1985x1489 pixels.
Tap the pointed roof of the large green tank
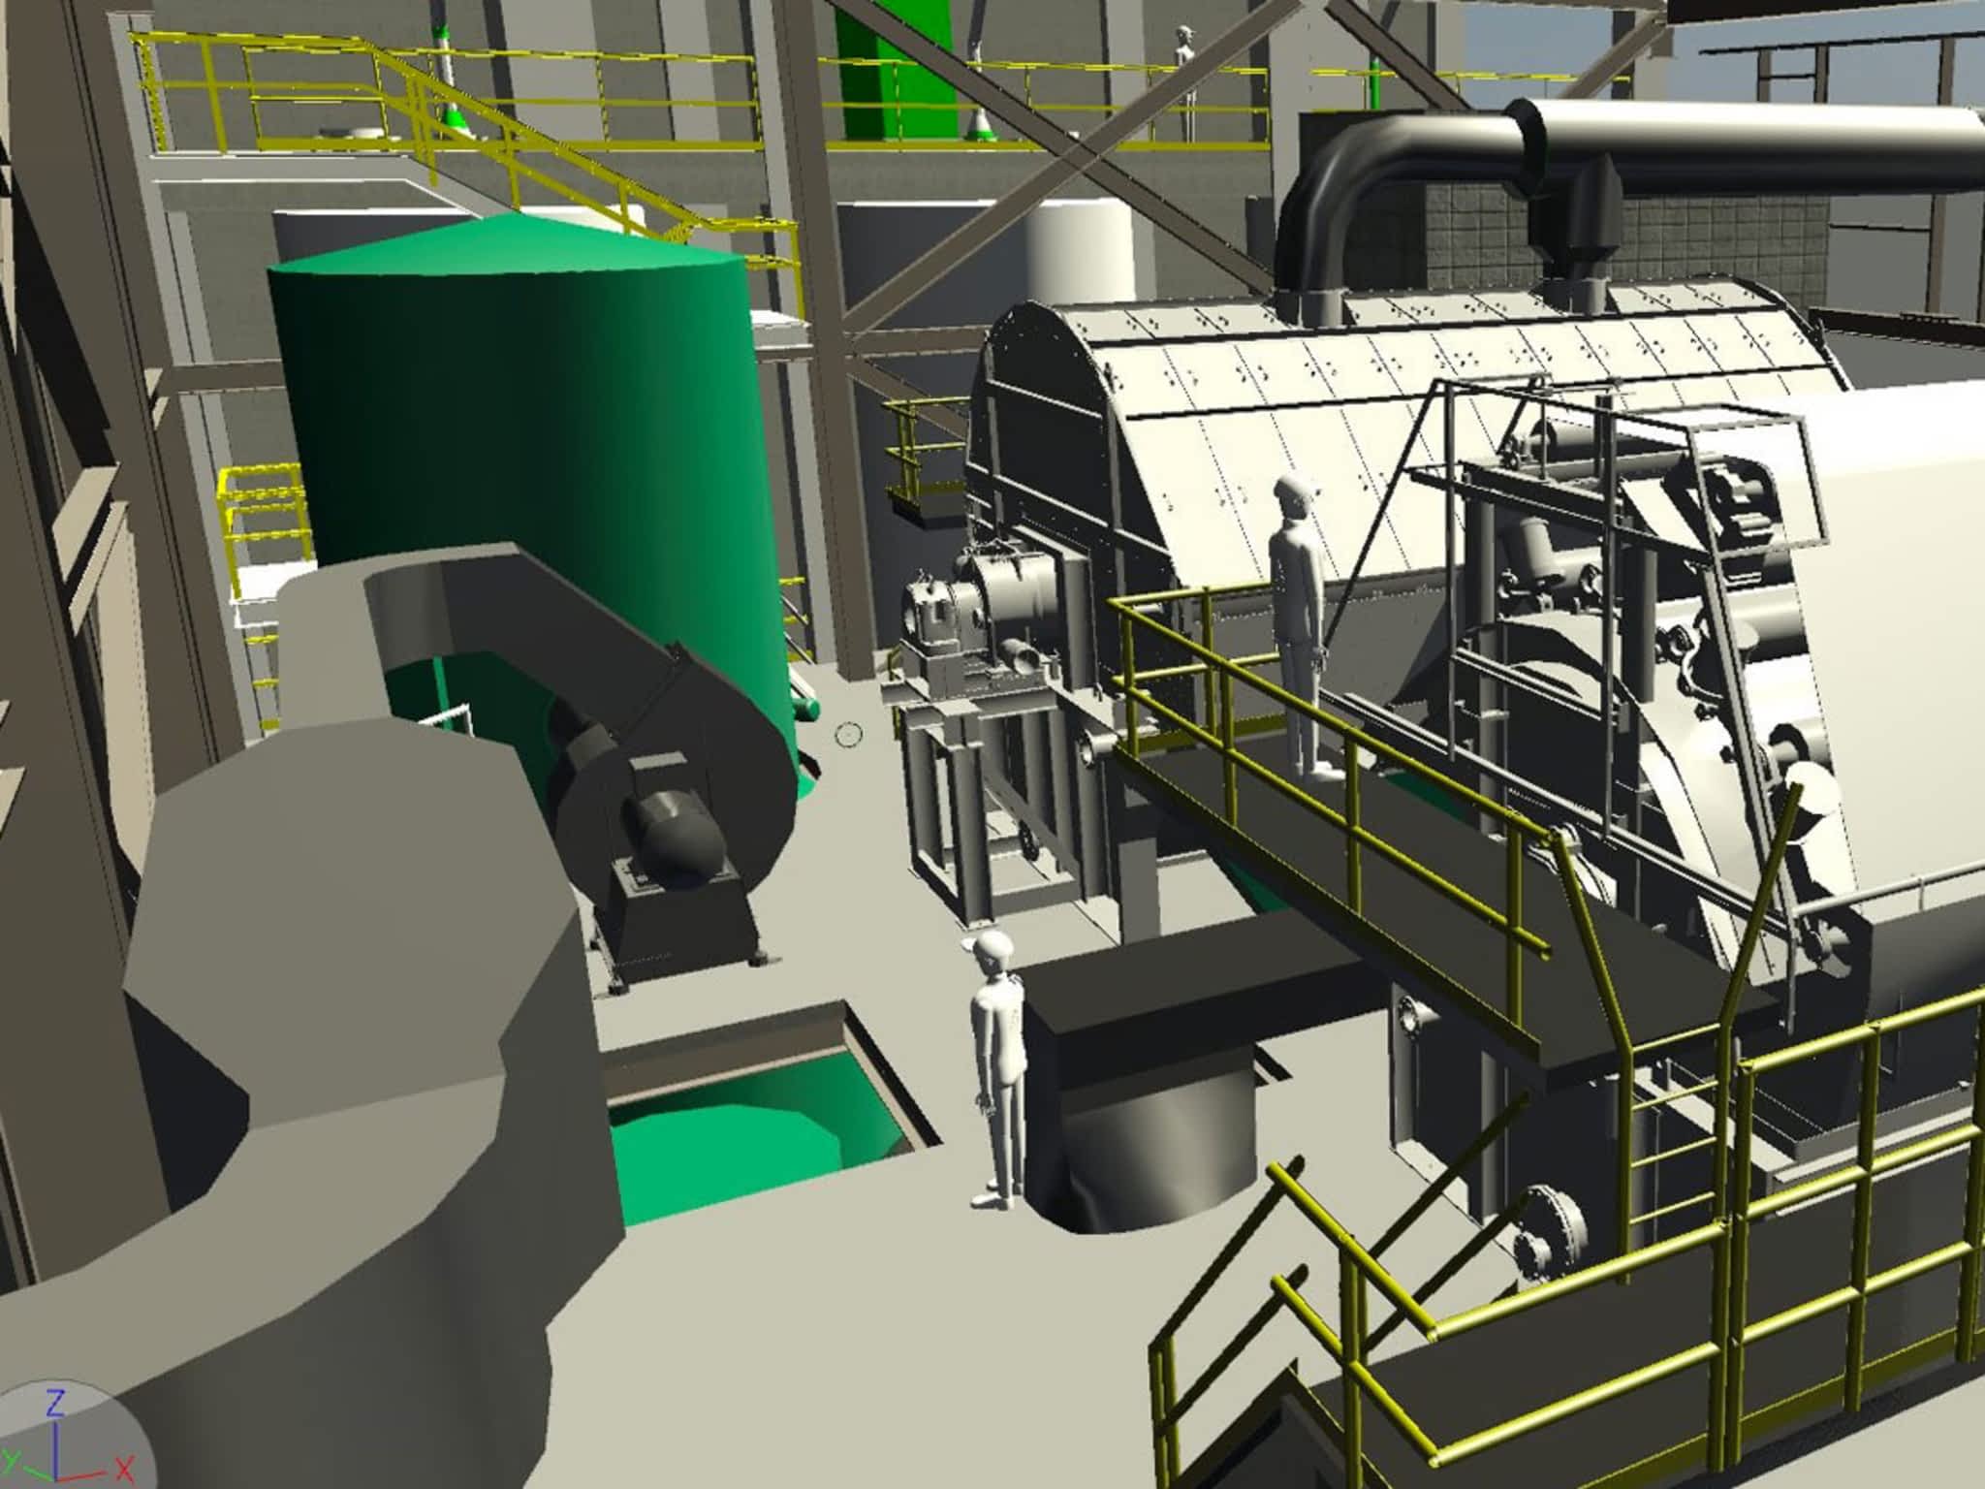509,242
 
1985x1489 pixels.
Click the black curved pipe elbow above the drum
1396,184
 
